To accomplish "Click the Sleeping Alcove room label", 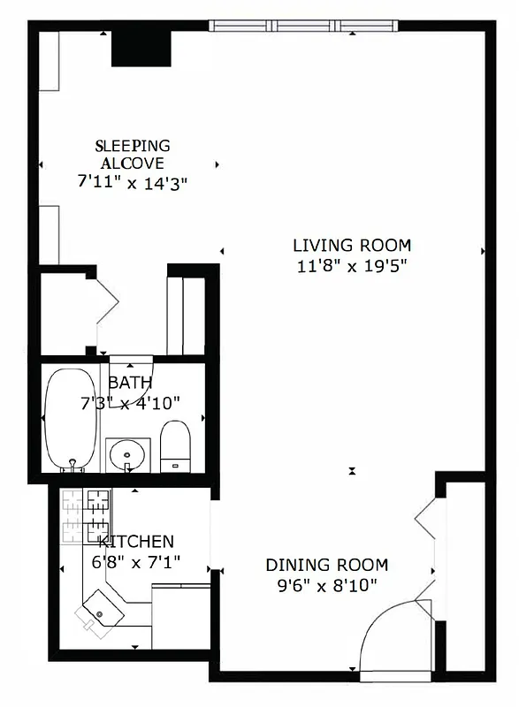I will [x=133, y=154].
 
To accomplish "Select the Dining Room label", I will [x=327, y=565].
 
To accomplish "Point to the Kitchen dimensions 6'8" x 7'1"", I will [x=135, y=560].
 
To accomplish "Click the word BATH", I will [x=130, y=383].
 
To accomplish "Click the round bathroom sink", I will [x=127, y=456].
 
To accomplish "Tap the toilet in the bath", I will [x=175, y=445].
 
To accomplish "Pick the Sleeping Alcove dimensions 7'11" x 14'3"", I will [x=133, y=181].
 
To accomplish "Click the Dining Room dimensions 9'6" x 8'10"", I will [x=326, y=584].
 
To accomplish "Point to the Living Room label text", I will [x=352, y=245].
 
